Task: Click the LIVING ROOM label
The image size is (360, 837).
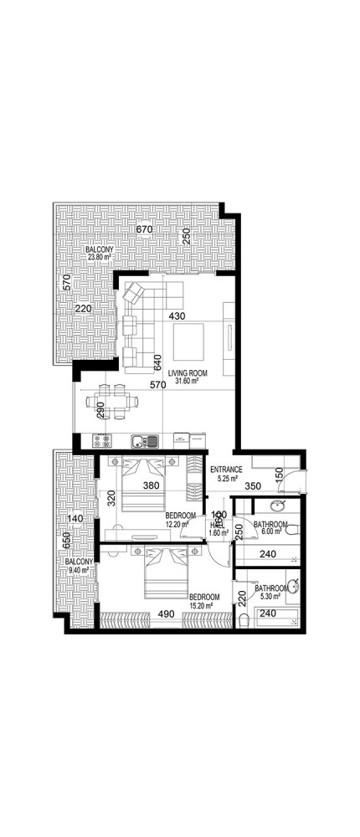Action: click(188, 372)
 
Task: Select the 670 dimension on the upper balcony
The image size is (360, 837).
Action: click(143, 229)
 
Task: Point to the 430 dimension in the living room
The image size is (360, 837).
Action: click(176, 316)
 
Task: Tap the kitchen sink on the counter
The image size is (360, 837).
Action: click(140, 439)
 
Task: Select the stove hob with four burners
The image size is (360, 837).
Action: click(103, 439)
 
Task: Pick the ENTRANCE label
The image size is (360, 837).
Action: click(225, 470)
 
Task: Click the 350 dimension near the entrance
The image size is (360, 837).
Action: click(252, 484)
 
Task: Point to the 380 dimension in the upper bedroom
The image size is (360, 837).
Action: click(151, 485)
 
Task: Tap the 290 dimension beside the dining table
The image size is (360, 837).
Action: click(100, 410)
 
